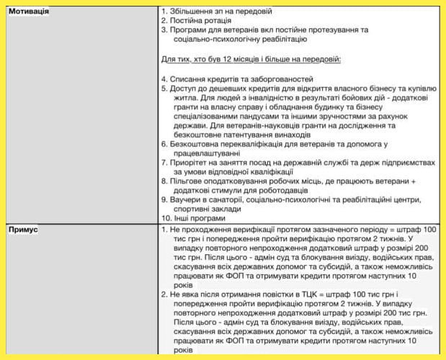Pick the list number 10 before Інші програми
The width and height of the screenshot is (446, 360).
tap(165, 217)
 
